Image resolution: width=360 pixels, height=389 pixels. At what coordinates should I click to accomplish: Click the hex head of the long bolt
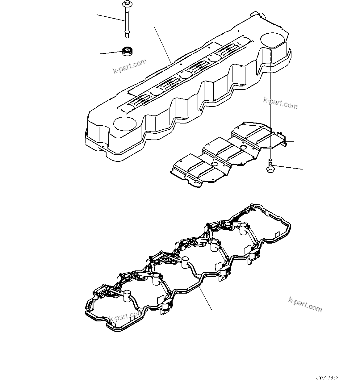(127, 3)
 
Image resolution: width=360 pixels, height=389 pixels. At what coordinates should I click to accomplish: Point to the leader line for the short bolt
(289, 167)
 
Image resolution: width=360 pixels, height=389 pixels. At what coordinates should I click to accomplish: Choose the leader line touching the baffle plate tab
(295, 142)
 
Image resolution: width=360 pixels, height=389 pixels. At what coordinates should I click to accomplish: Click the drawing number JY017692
(327, 378)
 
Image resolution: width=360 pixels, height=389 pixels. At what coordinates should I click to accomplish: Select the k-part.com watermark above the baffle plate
(280, 103)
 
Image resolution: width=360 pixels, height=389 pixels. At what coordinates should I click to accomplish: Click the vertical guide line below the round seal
(127, 80)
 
